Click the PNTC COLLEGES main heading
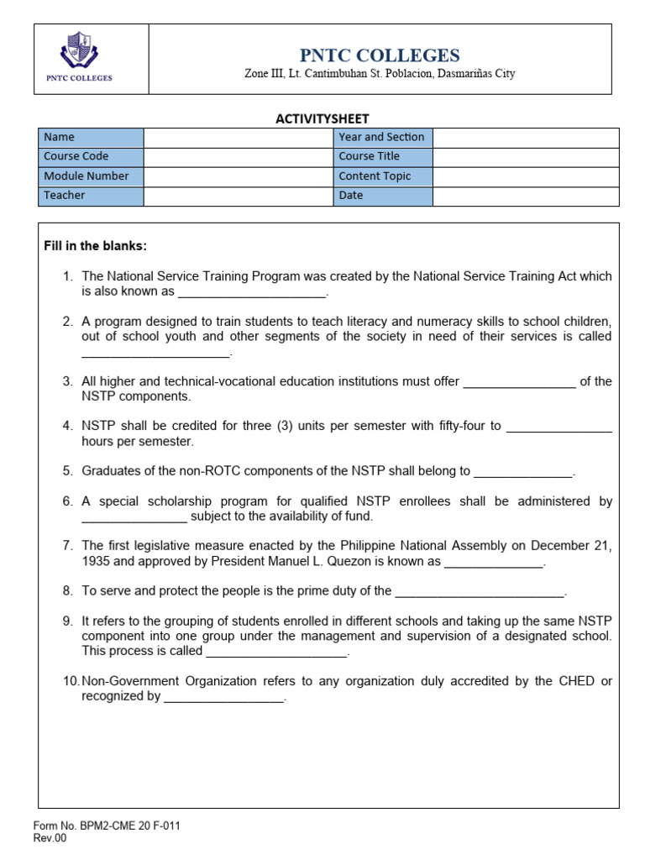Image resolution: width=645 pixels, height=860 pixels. point(380,55)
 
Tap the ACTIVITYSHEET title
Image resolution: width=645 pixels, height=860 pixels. point(322,118)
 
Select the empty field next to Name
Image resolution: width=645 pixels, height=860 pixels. point(239,138)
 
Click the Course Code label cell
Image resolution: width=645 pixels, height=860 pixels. point(92,157)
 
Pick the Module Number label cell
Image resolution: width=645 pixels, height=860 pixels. point(92,176)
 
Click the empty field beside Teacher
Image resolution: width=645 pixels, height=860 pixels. point(239,196)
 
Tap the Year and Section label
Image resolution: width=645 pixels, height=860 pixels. point(382,138)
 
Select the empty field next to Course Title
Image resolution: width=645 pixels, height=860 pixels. point(526,157)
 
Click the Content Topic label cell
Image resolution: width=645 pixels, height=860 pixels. point(382,176)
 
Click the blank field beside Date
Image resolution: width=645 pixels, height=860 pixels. point(526,196)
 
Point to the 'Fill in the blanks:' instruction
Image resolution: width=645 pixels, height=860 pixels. point(95,246)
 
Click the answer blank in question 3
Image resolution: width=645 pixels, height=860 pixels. point(519,382)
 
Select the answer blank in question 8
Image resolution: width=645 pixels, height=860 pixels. point(480,591)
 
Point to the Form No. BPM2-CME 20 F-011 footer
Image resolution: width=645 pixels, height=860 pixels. point(107,826)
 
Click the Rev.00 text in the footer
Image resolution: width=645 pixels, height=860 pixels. point(50,838)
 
